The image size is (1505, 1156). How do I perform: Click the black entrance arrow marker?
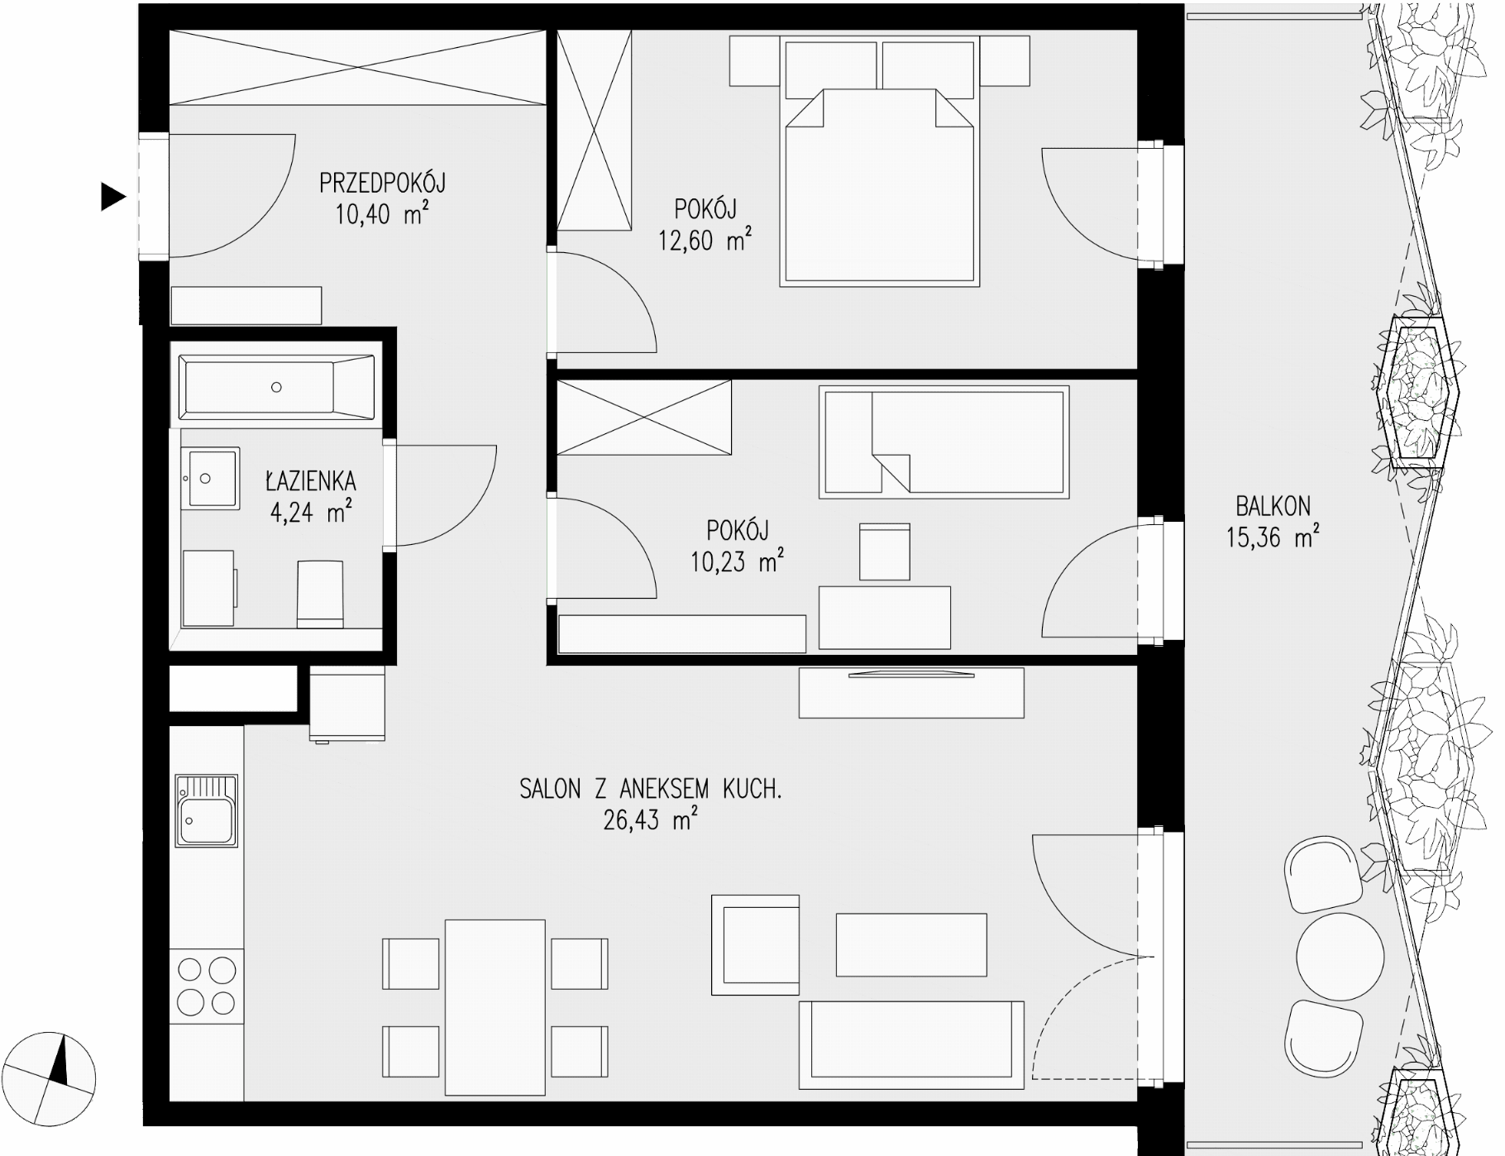112,197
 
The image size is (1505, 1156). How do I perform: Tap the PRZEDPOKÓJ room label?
382,182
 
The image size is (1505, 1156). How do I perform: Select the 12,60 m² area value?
705,241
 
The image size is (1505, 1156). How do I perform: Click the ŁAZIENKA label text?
310,480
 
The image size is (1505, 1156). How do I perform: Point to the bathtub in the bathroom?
277,387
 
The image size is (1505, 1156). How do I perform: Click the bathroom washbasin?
210,478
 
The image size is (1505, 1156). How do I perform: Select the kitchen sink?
206,810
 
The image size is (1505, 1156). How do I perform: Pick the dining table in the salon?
495,1006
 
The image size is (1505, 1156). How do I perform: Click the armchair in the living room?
756,945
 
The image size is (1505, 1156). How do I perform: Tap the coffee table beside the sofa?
911,944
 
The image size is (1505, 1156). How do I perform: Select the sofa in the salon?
911,1045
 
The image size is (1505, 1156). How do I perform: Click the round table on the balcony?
1340,957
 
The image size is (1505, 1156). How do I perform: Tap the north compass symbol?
55,1074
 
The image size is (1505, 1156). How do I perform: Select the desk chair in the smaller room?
885,552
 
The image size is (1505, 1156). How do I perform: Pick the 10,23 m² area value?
737,562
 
